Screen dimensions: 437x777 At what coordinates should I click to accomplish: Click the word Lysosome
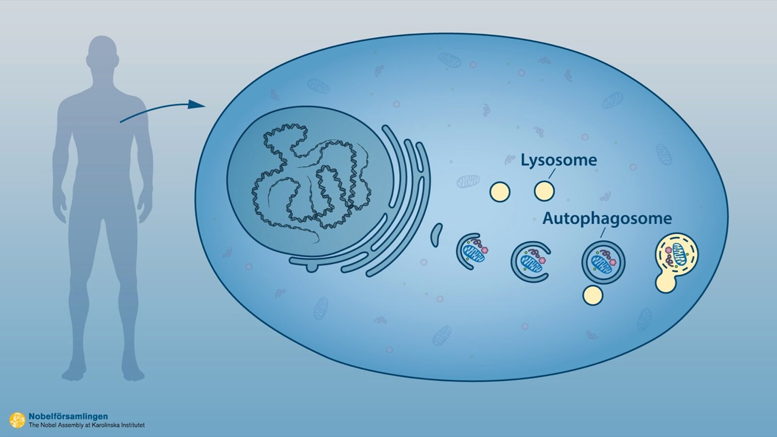point(558,160)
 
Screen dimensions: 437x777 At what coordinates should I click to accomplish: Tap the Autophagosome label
point(607,218)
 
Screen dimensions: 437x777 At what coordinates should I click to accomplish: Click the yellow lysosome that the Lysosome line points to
point(544,192)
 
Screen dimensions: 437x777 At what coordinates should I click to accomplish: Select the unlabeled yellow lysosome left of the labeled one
point(500,192)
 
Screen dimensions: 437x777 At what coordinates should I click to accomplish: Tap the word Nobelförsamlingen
point(68,416)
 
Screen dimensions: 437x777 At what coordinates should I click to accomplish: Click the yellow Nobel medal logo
point(17,420)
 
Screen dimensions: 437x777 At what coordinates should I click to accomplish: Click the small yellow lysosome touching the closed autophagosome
point(592,295)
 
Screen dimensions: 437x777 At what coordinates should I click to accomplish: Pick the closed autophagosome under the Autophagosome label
point(603,262)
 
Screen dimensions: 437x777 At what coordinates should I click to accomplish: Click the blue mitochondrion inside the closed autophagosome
point(602,266)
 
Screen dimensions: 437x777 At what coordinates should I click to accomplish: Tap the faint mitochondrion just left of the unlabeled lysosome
point(468,182)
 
